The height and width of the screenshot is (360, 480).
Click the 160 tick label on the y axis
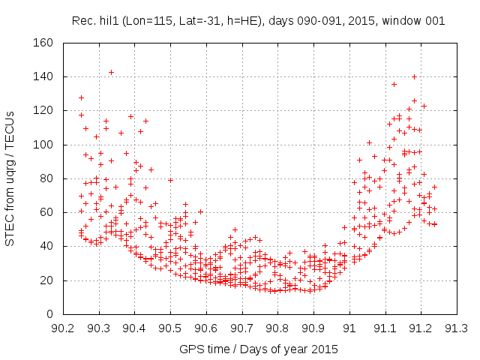pos(43,43)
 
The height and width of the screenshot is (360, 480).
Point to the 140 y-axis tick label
pos(43,76)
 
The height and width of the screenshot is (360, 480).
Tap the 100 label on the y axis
pos(43,145)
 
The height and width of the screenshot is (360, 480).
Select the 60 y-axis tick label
pos(46,212)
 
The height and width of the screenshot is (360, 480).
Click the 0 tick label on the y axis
pos(49,314)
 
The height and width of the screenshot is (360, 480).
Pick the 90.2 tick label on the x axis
pos(63,328)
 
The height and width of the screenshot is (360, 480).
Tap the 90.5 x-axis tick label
pos(170,328)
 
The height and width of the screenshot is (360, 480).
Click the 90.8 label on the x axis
pos(277,328)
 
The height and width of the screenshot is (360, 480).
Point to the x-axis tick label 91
pos(349,328)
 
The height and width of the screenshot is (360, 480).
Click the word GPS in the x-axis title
pos(190,349)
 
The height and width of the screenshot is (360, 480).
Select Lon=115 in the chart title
pos(153,21)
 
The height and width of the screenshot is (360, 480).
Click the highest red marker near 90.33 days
pos(111,72)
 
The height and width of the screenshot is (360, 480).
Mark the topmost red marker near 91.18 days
pos(414,76)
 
